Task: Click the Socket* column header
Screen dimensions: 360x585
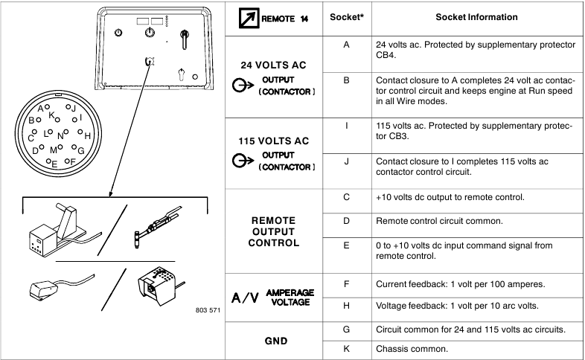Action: click(x=346, y=17)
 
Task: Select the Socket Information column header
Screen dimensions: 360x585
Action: click(x=476, y=17)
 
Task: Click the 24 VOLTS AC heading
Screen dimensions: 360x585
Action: click(x=273, y=65)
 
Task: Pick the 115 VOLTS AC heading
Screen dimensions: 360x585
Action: click(x=273, y=141)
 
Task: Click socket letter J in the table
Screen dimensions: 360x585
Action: click(x=346, y=161)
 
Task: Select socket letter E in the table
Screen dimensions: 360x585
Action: click(x=346, y=245)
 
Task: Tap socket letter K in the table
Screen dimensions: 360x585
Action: click(x=346, y=347)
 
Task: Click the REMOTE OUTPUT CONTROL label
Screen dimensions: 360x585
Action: click(x=273, y=232)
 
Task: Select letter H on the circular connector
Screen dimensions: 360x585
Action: click(x=88, y=136)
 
